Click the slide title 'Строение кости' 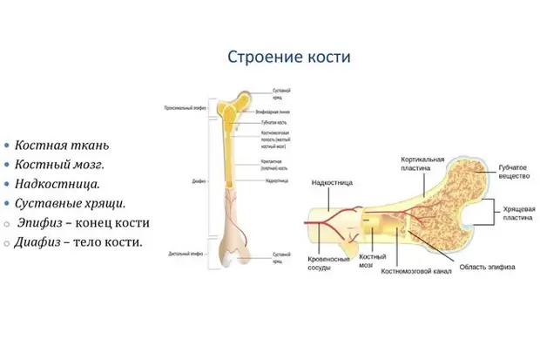(288, 58)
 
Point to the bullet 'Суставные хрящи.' (70, 203)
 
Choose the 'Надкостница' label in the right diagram (332, 184)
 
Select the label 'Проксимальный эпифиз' (184, 109)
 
